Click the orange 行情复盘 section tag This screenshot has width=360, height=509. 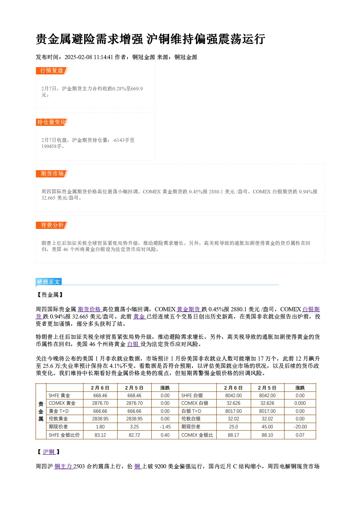(x=52, y=71)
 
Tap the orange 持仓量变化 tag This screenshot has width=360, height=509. (x=52, y=122)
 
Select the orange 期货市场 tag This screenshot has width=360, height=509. (x=52, y=174)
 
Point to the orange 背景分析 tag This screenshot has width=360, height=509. (x=52, y=225)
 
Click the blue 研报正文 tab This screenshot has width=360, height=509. (x=49, y=282)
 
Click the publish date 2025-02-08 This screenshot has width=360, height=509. (x=78, y=57)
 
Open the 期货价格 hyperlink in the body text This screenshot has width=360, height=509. (x=89, y=309)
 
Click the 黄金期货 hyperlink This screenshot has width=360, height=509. (x=189, y=309)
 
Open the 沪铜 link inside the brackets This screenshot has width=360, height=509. (x=49, y=452)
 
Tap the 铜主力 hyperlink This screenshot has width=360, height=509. (x=64, y=467)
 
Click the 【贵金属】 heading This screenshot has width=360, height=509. (x=50, y=295)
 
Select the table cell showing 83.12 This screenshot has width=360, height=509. (x=100, y=435)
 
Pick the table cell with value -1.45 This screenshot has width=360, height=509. (x=165, y=427)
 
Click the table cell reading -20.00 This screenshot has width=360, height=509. (x=300, y=427)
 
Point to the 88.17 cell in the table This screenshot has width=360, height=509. (x=233, y=435)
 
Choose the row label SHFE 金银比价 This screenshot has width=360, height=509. (x=64, y=435)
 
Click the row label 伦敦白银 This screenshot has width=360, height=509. (x=191, y=419)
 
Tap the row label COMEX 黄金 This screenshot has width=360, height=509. (x=62, y=403)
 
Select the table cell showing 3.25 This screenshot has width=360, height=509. (x=134, y=427)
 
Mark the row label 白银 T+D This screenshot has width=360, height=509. (x=191, y=411)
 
